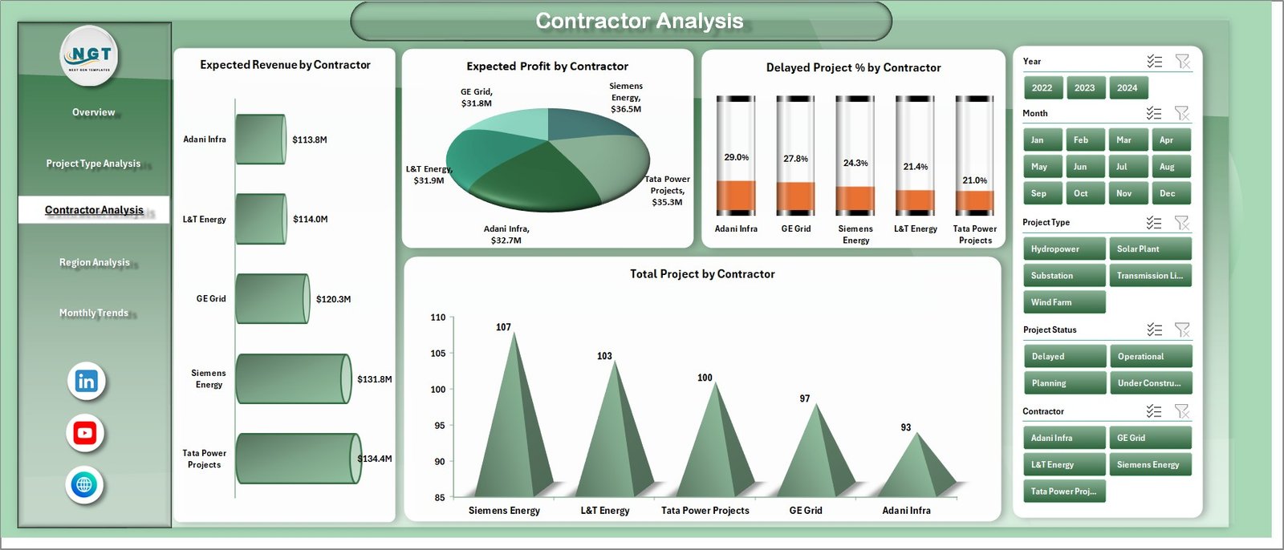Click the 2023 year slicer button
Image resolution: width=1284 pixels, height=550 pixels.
coord(1085,88)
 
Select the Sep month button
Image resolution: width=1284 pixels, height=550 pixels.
coord(1042,193)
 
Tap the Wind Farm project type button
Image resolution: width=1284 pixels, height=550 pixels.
coord(1063,302)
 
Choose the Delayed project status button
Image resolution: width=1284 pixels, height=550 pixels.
coord(1064,356)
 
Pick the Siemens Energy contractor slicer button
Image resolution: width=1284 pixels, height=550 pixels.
coord(1149,464)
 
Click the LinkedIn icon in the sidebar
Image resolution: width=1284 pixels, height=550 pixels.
coord(86,381)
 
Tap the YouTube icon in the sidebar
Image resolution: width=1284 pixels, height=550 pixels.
coord(85,433)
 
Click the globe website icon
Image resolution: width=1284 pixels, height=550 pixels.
coord(84,484)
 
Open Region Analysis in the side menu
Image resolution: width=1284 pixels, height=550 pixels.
coord(94,262)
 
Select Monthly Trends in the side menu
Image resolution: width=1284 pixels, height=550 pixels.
coord(94,313)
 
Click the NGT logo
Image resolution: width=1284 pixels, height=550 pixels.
coord(90,55)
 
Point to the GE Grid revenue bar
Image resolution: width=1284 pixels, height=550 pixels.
coord(272,299)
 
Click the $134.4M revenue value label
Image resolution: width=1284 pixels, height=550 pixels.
coord(375,459)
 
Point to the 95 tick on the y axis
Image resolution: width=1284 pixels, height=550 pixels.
coord(439,426)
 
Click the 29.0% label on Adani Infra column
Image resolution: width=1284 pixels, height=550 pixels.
coord(736,157)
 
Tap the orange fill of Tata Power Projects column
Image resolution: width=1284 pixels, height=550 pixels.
coord(975,201)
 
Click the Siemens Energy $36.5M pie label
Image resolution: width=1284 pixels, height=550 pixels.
coord(626,97)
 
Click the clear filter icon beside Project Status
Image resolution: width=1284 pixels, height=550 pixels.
coord(1182,330)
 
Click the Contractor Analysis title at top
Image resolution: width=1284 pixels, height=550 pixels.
coord(639,21)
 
